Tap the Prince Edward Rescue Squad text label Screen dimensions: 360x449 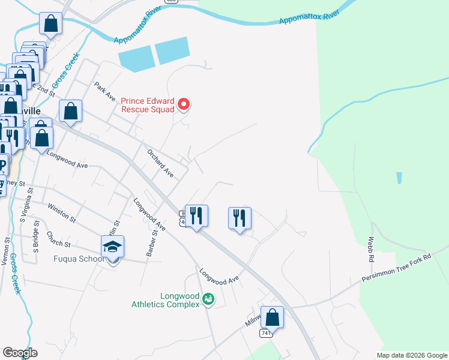click(148, 105)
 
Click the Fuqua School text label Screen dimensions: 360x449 click(78, 259)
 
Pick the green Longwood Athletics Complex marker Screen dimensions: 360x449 click(208, 298)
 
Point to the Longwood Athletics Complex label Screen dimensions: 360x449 click(165, 300)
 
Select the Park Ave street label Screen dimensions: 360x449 click(103, 94)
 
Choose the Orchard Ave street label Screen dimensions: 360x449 click(160, 163)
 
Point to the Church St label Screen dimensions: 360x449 click(58, 240)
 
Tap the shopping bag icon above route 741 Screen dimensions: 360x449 click(272, 317)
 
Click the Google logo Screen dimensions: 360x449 click(20, 353)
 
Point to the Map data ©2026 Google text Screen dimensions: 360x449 click(411, 355)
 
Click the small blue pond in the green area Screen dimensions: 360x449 click(398, 178)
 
